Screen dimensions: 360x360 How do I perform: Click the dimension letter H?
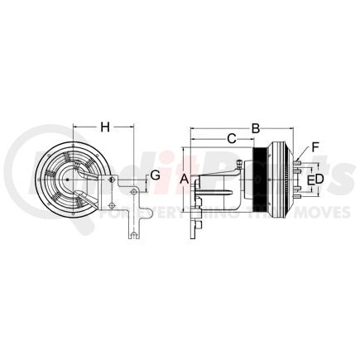click(x=105, y=127)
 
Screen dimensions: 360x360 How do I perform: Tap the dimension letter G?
click(x=155, y=175)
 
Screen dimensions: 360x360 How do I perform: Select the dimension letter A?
click(x=184, y=179)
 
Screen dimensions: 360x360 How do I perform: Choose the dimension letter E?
click(x=310, y=179)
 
